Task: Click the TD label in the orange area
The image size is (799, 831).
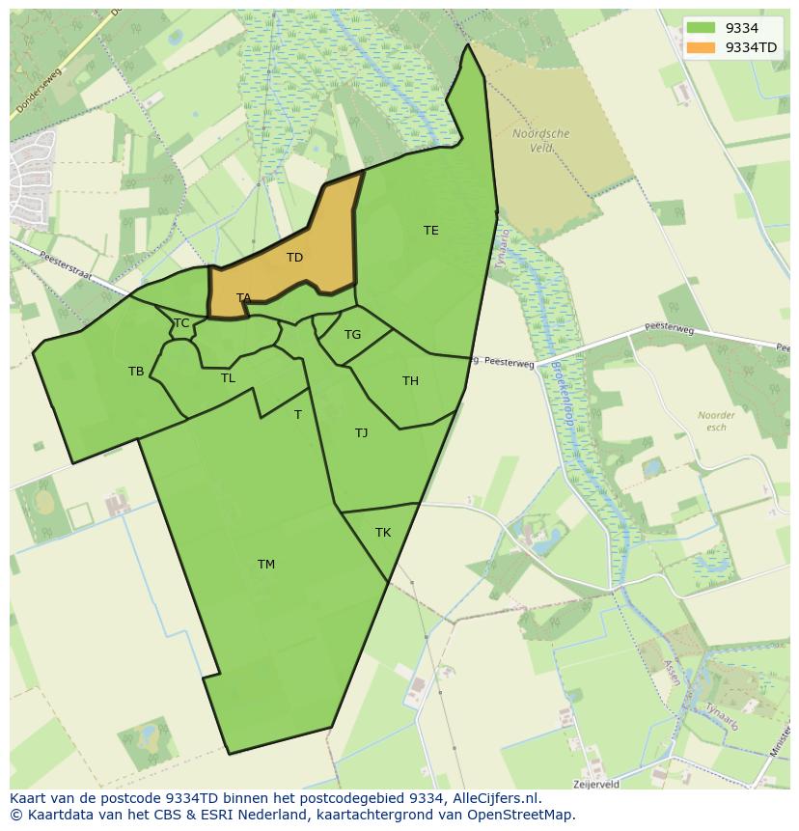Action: [294, 258]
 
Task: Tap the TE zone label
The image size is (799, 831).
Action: [430, 231]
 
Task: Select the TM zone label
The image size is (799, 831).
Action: [265, 565]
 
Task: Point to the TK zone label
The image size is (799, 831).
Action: [382, 533]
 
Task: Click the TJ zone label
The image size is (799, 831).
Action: [361, 433]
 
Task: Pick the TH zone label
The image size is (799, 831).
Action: [410, 381]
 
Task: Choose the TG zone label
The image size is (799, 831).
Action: [352, 335]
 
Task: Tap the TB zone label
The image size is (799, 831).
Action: [136, 372]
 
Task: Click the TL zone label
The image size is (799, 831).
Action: [228, 378]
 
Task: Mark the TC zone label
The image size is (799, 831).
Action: [181, 323]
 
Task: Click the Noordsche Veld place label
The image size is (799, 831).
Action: [540, 141]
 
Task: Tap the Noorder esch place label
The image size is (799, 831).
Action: [716, 421]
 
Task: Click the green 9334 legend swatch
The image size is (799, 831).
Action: [702, 28]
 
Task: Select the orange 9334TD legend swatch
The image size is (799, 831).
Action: [702, 47]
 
